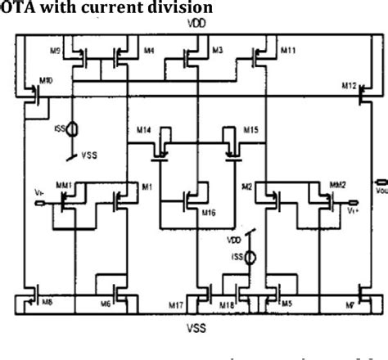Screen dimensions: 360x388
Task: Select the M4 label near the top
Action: click(x=148, y=52)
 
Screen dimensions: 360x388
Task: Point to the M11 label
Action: click(x=288, y=52)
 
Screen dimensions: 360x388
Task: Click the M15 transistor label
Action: click(x=251, y=129)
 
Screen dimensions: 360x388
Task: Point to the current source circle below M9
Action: click(x=73, y=129)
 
